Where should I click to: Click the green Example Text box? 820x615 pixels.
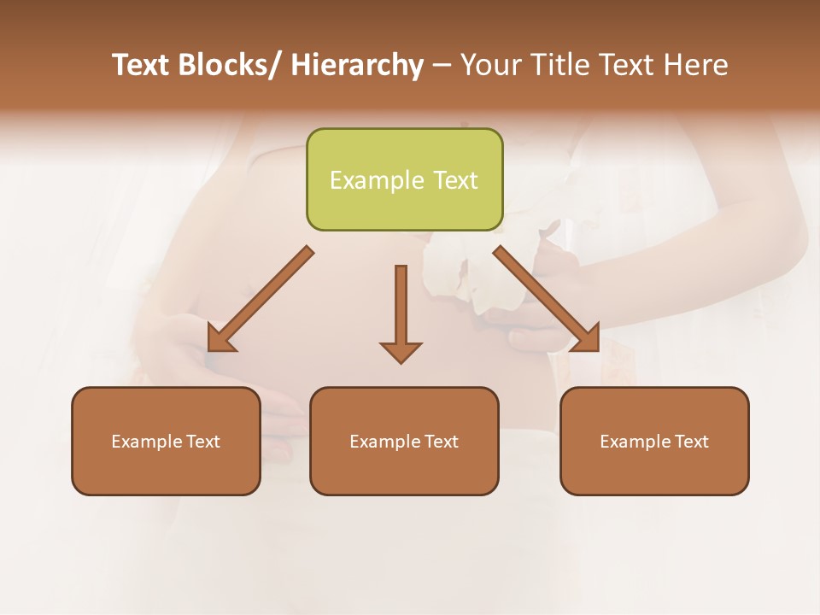[x=404, y=179]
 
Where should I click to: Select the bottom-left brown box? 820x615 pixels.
[x=166, y=441]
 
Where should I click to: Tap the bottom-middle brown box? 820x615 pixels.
[x=404, y=441]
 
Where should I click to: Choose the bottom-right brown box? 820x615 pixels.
[x=654, y=441]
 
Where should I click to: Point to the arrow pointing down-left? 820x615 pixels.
[x=260, y=300]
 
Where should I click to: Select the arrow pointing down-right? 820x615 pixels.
[x=547, y=299]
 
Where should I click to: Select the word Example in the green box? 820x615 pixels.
[x=377, y=180]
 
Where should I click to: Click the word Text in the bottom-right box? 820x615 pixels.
[x=691, y=442]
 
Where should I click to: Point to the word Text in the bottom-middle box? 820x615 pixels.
[x=441, y=442]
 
